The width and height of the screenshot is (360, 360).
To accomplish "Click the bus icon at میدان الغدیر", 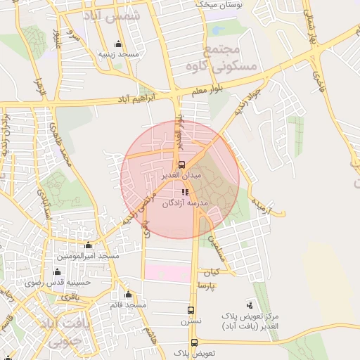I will [x=182, y=165].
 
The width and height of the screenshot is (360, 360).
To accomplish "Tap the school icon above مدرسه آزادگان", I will [x=184, y=192].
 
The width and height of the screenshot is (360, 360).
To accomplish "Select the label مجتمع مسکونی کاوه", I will [x=231, y=59].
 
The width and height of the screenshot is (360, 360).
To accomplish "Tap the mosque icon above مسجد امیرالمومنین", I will [x=88, y=245].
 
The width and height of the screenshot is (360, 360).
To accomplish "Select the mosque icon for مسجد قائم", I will [x=128, y=295].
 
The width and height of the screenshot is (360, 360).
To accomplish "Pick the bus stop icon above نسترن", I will [x=191, y=310].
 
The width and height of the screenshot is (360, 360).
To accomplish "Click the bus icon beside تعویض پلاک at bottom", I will [x=195, y=343].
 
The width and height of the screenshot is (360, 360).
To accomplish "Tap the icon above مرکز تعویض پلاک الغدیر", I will [x=250, y=304].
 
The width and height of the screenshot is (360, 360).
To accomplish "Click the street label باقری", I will [x=70, y=297].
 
